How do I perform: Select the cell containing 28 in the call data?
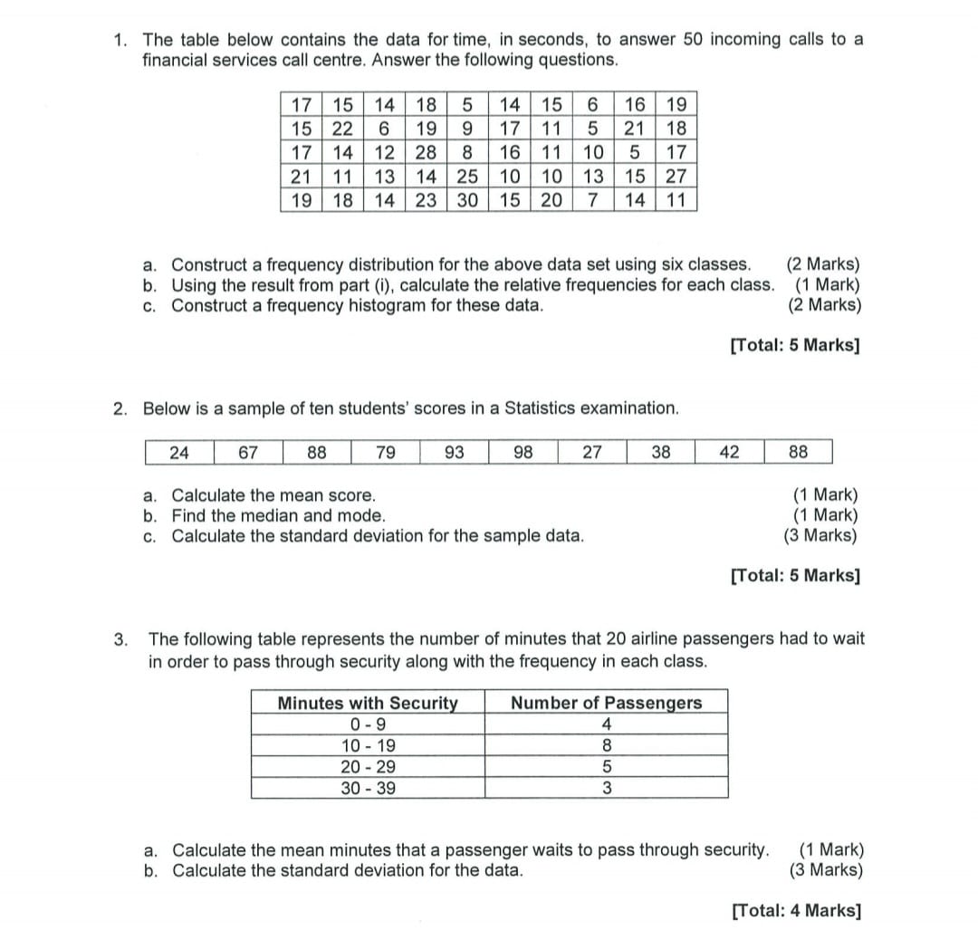[427, 151]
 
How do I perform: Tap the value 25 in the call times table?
[467, 175]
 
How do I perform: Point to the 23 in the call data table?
[427, 198]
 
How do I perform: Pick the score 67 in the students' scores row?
[248, 452]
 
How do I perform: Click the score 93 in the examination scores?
[455, 452]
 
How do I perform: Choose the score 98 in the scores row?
[523, 452]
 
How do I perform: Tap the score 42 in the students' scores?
[730, 452]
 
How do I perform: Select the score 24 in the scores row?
[179, 452]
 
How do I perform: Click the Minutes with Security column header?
[368, 703]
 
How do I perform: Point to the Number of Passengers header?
[606, 703]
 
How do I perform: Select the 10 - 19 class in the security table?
[368, 746]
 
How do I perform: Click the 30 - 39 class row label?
[368, 788]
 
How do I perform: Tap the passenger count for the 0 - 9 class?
[606, 724]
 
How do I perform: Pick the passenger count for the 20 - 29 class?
[606, 767]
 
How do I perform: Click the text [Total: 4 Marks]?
[796, 910]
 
